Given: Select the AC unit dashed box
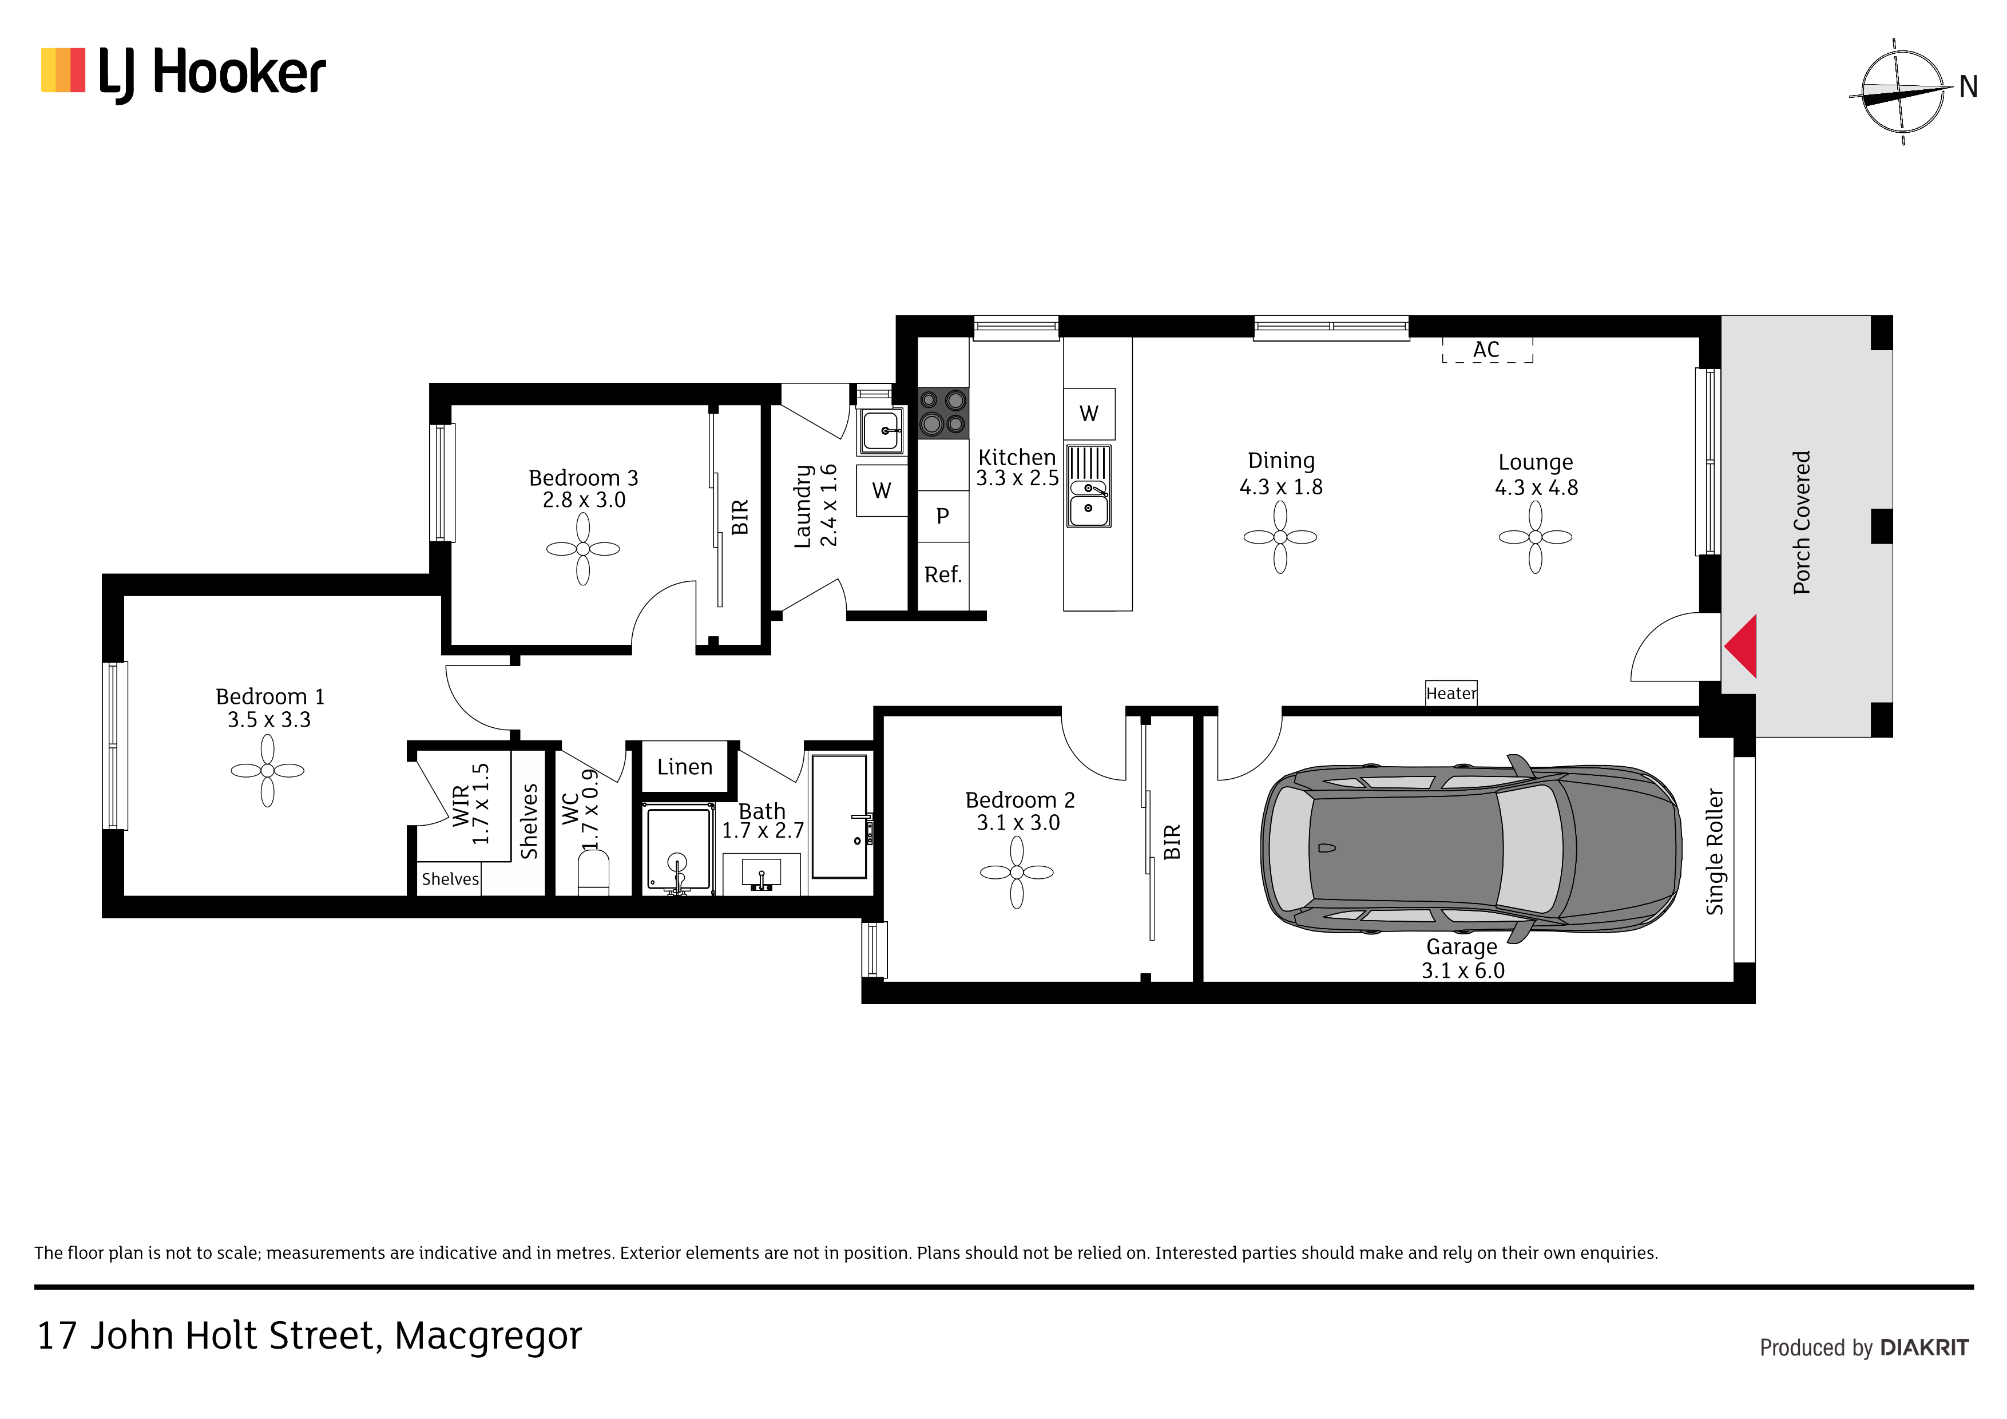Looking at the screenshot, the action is [1487, 350].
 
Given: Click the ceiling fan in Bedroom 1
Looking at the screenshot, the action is [268, 770].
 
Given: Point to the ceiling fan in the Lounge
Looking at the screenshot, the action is [1535, 537].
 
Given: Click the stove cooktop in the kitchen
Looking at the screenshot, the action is [943, 413].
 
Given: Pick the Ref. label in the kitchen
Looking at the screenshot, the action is [943, 574].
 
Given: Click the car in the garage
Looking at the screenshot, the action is [1470, 848].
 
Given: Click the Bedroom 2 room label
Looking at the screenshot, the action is [1020, 800].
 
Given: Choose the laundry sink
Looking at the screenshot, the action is [881, 431].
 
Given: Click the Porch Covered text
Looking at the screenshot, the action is [1802, 523].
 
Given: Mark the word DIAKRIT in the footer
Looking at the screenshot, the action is [1924, 1347].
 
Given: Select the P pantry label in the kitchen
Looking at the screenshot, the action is [942, 516].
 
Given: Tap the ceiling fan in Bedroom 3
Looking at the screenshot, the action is [583, 549].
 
